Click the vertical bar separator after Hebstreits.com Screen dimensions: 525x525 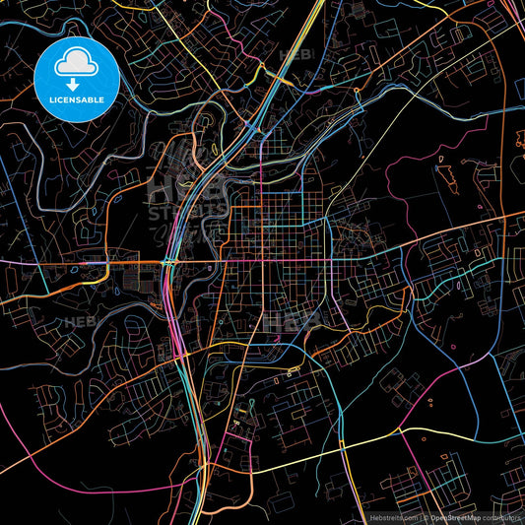(x=421, y=515)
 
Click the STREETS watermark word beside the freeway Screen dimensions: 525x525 (x=172, y=212)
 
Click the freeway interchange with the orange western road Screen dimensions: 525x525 (x=169, y=262)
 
